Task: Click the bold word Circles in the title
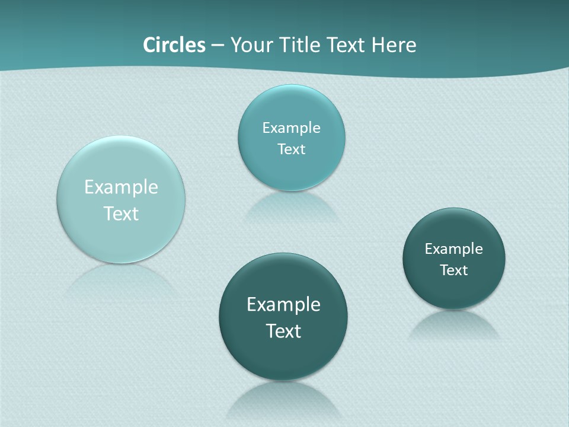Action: tap(174, 45)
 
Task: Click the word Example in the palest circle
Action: tap(121, 187)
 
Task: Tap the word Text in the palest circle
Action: tap(121, 213)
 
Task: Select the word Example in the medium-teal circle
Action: tap(291, 128)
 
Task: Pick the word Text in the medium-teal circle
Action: tap(291, 149)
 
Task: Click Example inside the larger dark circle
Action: tap(283, 305)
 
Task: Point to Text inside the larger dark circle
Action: tap(283, 331)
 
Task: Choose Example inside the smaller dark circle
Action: tap(453, 249)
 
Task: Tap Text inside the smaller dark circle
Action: tap(453, 270)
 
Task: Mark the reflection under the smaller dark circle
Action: tap(453, 324)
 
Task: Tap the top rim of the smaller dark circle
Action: tap(454, 210)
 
